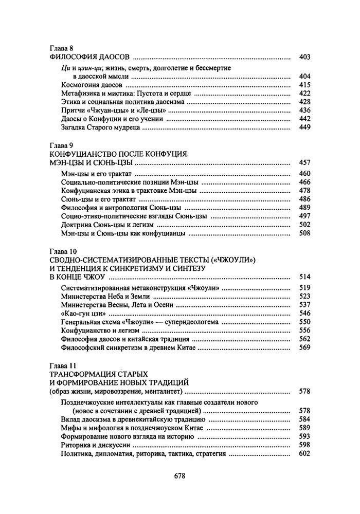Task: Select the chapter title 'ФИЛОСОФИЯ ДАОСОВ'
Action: (88, 57)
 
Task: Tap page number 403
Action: (304, 57)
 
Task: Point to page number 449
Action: (304, 127)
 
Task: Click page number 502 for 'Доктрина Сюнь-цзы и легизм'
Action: (304, 225)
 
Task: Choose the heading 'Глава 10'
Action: (62, 252)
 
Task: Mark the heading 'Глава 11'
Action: (62, 366)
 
